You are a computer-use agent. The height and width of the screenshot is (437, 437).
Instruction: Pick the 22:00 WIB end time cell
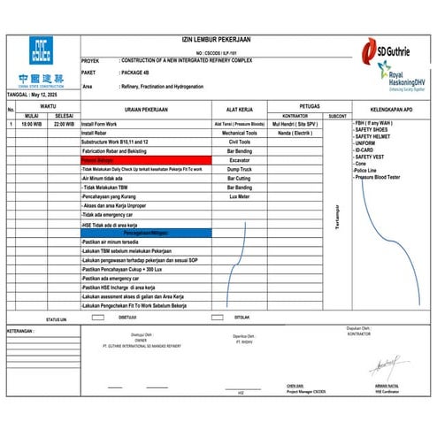(x=64, y=124)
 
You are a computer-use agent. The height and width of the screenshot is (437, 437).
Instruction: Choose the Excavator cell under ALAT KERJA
(x=239, y=158)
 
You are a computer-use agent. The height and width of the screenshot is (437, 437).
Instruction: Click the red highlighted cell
(x=145, y=158)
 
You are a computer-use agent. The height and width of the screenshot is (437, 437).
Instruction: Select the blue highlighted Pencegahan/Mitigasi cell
(x=145, y=233)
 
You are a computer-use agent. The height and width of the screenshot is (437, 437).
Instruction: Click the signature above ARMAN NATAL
(x=383, y=364)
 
